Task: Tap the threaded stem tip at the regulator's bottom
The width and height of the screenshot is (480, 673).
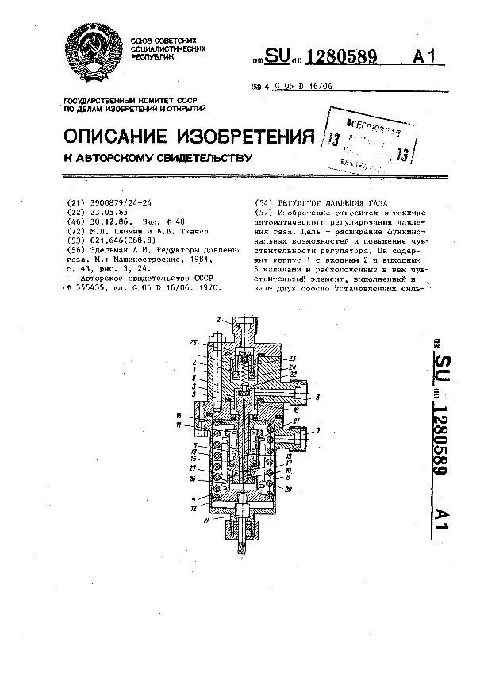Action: pos(240,546)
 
